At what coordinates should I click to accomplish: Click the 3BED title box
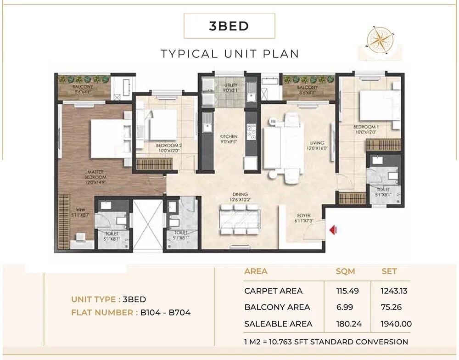point(229,26)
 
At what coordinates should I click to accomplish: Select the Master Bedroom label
point(95,177)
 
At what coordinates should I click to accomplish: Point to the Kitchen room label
point(228,139)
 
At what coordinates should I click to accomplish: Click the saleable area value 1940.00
point(396,324)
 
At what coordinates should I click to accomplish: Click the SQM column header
point(345,271)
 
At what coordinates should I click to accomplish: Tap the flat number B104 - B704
point(165,313)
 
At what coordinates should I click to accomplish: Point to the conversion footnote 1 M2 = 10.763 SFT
point(326,342)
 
